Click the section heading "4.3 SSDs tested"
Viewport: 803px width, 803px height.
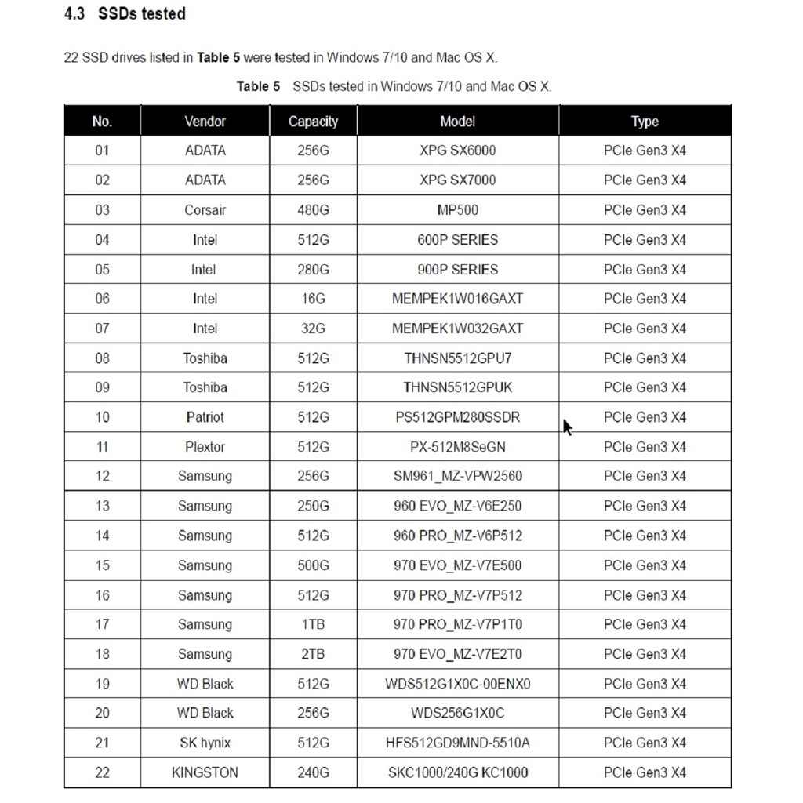coord(125,14)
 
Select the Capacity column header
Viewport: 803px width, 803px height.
coord(313,122)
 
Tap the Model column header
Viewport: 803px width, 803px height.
coord(457,122)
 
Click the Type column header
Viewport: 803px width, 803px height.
coord(645,122)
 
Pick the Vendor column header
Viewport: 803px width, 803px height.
coord(205,122)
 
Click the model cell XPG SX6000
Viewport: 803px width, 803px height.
coord(457,151)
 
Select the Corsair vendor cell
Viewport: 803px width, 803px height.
coord(205,210)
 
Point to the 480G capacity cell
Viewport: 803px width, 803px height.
coord(313,210)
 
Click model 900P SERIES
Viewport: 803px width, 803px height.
coord(457,270)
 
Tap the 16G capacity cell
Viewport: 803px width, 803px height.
coord(313,299)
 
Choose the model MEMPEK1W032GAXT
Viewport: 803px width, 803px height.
coord(457,329)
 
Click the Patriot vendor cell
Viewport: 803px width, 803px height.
coord(205,417)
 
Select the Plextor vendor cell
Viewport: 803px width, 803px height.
coord(205,447)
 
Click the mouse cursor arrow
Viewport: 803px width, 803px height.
coord(567,427)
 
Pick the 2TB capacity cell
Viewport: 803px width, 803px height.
coord(313,654)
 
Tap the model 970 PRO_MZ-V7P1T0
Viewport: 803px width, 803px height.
coord(457,624)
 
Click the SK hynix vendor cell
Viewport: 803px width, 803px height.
coord(205,743)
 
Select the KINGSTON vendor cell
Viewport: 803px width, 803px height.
coord(205,772)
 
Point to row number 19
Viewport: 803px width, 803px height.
coord(102,684)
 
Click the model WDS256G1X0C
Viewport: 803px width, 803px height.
coord(457,713)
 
